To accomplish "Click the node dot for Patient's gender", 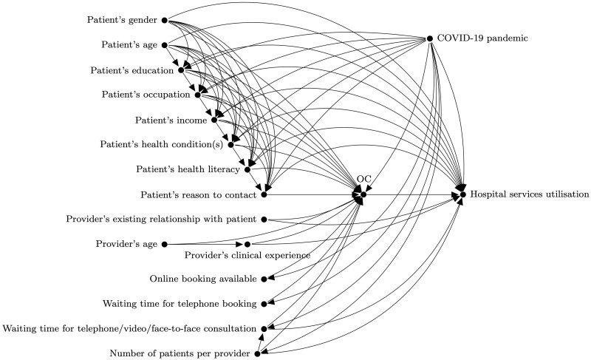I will click(164, 20).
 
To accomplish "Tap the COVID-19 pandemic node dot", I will click(429, 38).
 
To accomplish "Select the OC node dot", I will click(363, 194).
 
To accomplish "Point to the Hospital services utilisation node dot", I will click(463, 194).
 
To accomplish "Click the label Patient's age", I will click(131, 45).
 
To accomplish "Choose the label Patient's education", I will click(132, 70).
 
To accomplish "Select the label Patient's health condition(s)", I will click(162, 145).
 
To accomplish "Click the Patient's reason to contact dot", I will click(264, 194).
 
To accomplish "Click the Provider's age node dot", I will click(164, 244).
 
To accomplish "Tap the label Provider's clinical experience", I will click(247, 256).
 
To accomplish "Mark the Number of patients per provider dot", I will click(257, 354).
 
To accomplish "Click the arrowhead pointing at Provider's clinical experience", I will click(239, 244).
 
